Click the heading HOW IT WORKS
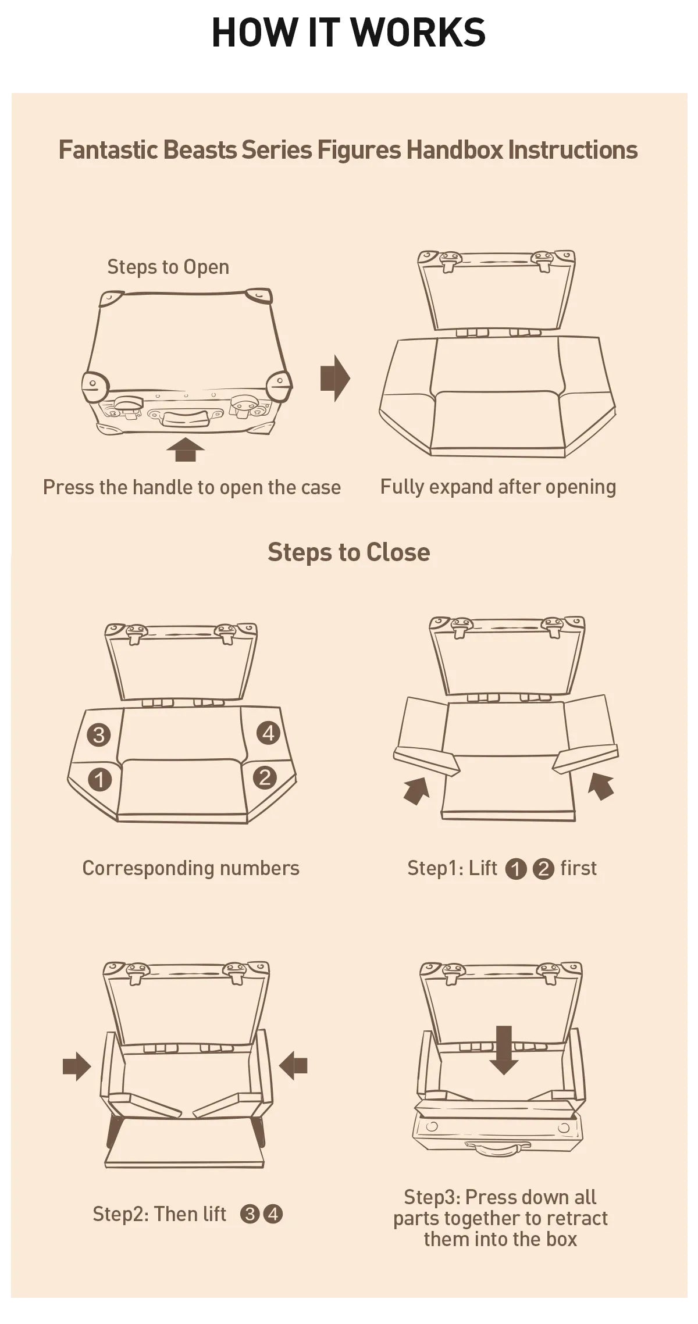pos(349,33)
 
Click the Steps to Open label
pos(168,267)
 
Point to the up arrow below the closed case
pos(186,449)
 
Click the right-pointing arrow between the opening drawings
pos(335,378)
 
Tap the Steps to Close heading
pos(349,552)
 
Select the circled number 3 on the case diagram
pos(99,735)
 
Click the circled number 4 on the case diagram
pos(268,733)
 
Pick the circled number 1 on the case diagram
pos(99,779)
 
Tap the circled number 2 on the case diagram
pos(265,777)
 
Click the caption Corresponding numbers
pos(191,868)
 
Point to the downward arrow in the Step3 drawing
pos(504,1050)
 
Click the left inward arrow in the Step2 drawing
pos(77,1066)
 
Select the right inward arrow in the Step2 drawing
pos(293,1066)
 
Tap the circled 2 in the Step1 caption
pos(543,869)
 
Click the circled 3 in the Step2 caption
pos(250,1214)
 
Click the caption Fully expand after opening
pos(498,487)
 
